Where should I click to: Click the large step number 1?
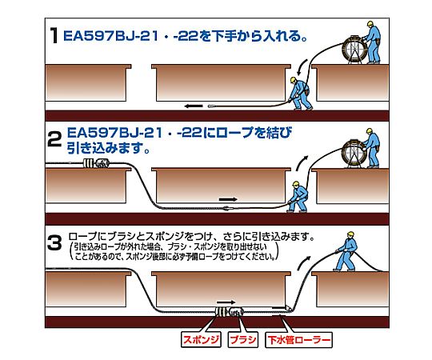point(54,35)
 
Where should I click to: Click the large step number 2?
point(54,139)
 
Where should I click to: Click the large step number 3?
point(54,242)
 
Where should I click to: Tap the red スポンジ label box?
point(201,339)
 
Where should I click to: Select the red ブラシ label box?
point(242,339)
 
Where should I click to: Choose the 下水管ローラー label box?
point(298,340)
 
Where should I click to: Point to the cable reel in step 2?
point(354,154)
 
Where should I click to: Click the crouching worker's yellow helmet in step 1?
point(293,80)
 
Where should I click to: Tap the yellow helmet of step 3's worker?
point(350,234)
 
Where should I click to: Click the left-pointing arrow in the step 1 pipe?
point(194,106)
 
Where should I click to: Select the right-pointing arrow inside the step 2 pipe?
point(228,199)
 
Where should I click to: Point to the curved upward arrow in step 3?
point(304,262)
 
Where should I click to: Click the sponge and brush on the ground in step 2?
point(96,164)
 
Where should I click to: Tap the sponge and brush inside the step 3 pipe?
point(230,312)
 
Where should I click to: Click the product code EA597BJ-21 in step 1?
point(111,36)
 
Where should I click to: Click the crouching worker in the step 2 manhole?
point(297,197)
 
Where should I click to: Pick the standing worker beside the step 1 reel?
point(373,42)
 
